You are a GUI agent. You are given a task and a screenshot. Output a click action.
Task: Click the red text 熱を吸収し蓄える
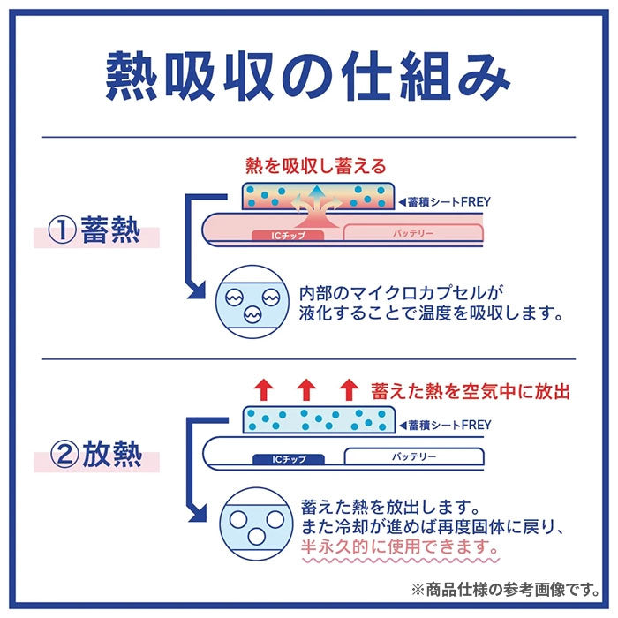tap(315, 165)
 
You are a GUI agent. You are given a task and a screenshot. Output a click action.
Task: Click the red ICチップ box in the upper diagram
tap(288, 235)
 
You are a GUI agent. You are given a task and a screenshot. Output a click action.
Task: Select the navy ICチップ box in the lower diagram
tap(289, 458)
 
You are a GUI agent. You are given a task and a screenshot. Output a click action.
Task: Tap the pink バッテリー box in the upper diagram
tap(412, 234)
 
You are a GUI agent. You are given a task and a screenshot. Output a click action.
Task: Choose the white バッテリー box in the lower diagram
tap(412, 457)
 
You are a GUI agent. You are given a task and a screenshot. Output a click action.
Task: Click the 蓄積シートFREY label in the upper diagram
tap(448, 201)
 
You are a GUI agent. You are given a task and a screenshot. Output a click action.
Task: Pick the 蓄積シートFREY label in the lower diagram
tap(448, 425)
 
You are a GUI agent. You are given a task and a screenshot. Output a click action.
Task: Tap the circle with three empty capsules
tap(246, 527)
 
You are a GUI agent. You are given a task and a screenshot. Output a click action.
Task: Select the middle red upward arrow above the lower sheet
tap(305, 389)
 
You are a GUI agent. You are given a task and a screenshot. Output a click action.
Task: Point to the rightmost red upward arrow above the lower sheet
tap(350, 389)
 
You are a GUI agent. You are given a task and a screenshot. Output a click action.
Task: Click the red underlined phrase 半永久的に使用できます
tap(399, 547)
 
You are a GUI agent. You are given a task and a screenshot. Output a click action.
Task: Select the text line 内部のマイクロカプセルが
tap(406, 291)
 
